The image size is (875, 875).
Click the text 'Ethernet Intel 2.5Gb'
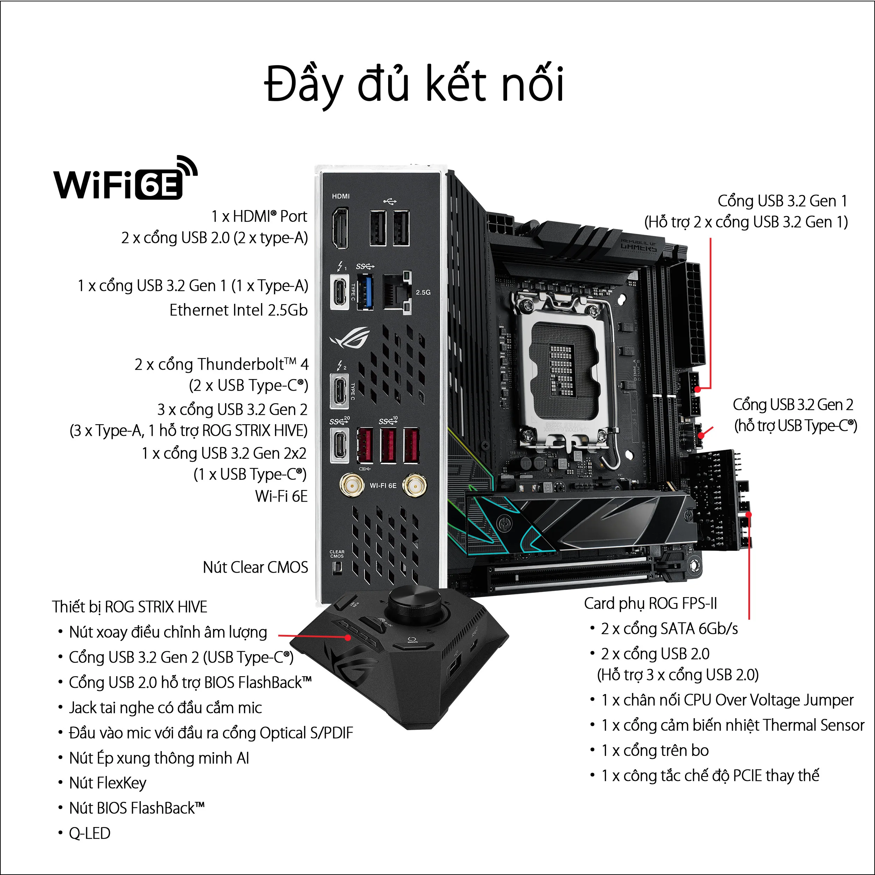238,310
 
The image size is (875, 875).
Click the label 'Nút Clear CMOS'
255,567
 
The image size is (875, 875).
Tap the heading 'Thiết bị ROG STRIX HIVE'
129,607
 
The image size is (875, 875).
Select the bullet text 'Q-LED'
89,833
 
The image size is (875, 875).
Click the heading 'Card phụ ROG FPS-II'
650,603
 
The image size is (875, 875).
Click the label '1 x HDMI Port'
259,217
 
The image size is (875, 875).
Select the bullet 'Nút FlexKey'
107,783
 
